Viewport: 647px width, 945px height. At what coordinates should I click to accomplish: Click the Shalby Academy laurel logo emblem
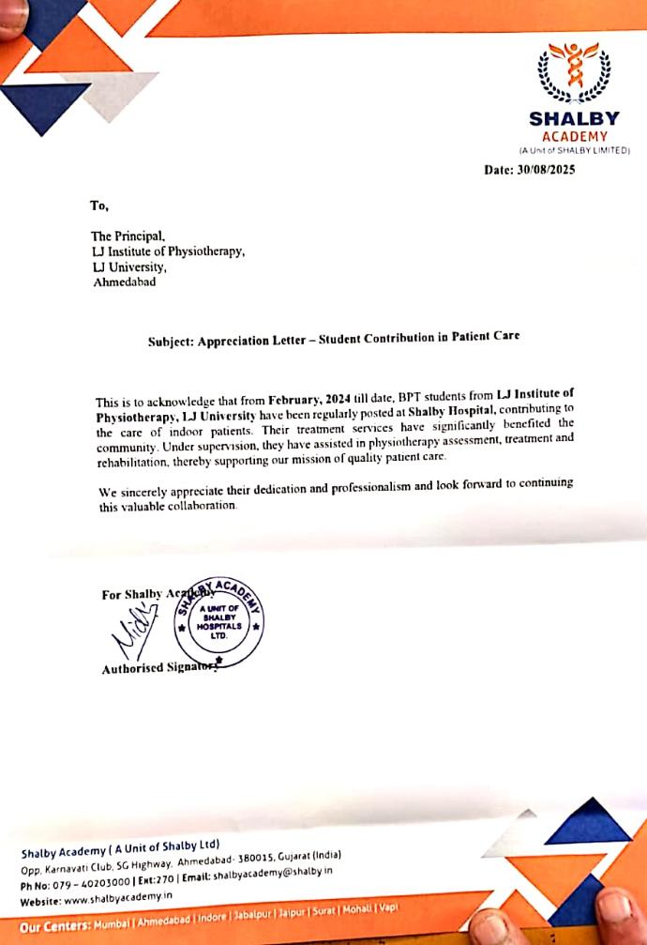(x=573, y=74)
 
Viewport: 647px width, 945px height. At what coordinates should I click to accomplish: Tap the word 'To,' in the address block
(x=99, y=206)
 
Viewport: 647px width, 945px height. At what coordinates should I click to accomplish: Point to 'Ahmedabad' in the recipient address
(x=125, y=282)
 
